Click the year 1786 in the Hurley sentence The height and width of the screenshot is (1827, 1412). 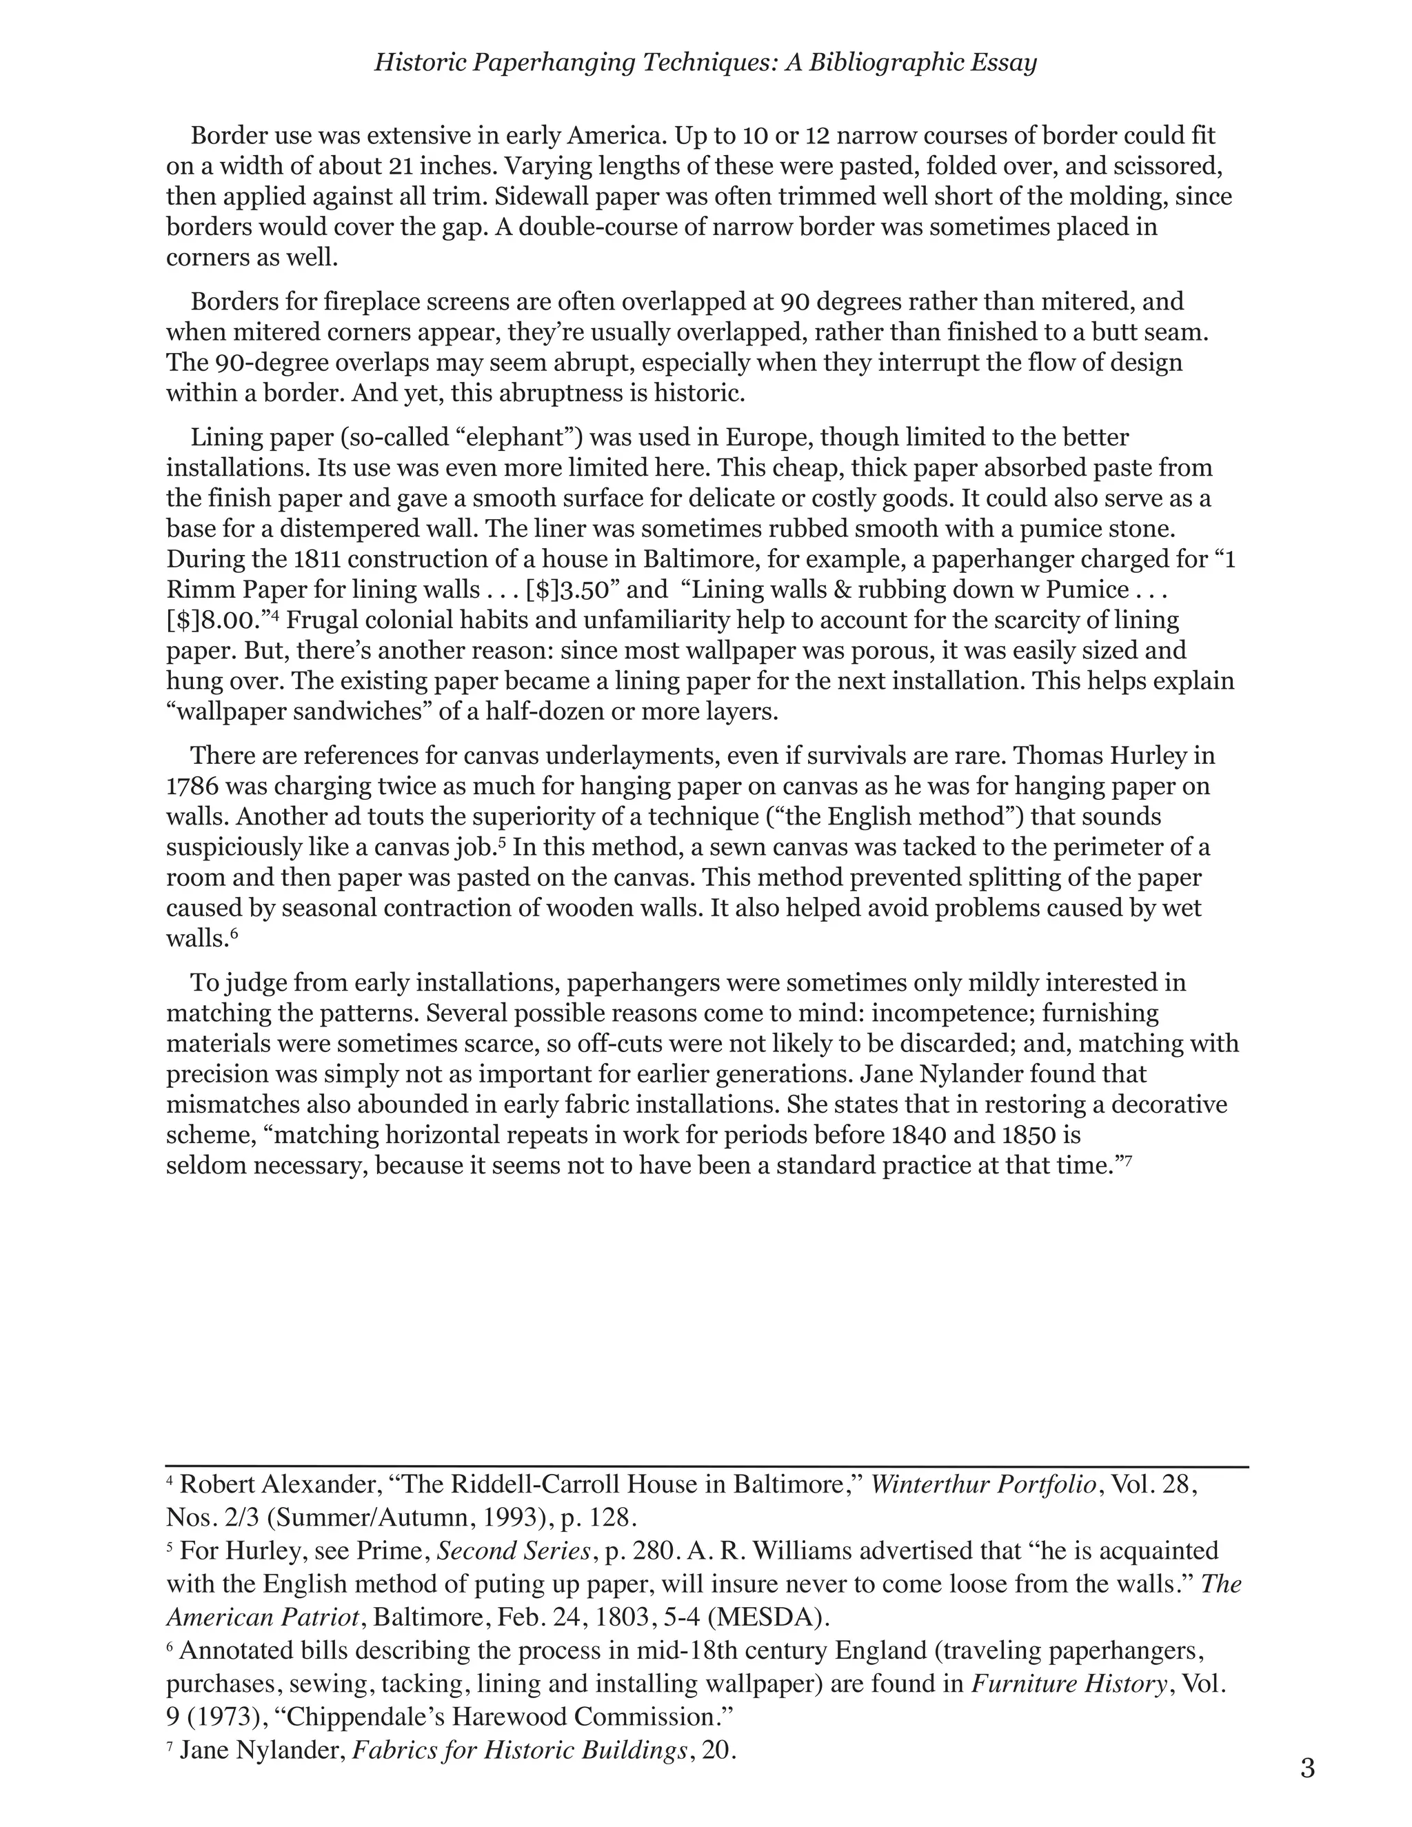coord(192,787)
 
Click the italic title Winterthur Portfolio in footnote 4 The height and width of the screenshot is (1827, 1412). coord(984,1484)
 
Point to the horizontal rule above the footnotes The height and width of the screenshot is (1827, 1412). coord(707,1466)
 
